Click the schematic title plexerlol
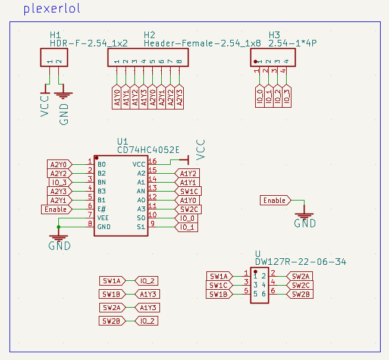click(52, 10)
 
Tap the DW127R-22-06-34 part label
click(300, 262)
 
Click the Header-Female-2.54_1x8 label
click(202, 43)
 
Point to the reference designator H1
click(55, 35)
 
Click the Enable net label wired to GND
click(275, 201)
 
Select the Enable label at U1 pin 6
click(56, 209)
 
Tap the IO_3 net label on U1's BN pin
click(59, 182)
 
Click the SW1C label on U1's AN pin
click(188, 191)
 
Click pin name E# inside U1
click(102, 209)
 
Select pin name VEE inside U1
click(103, 218)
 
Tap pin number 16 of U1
click(152, 161)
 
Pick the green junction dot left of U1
click(58, 227)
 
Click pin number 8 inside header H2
click(179, 61)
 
